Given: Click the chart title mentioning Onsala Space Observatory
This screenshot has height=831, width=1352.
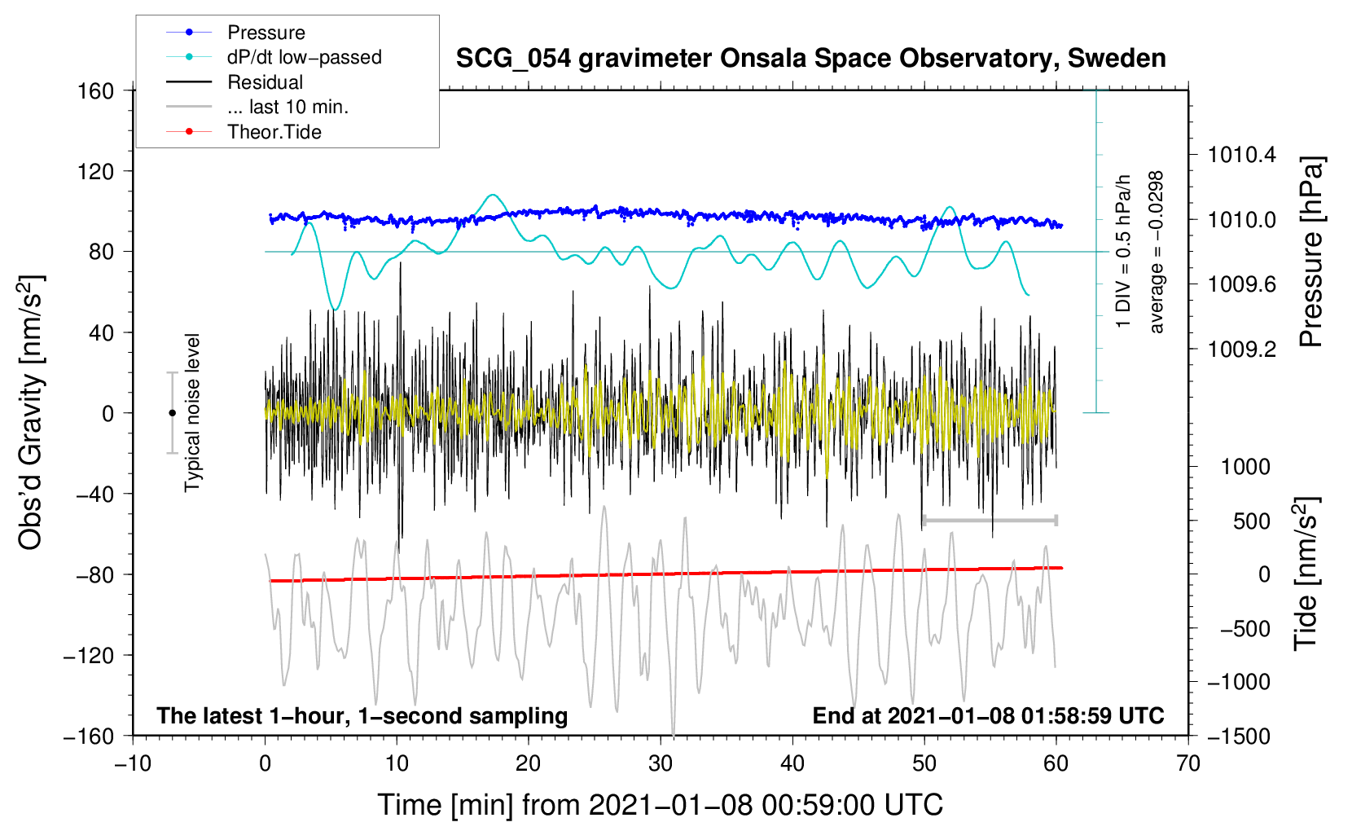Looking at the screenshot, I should (810, 59).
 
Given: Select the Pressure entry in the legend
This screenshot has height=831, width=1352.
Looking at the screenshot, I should (266, 33).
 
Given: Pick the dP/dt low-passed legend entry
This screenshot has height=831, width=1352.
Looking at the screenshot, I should (304, 57).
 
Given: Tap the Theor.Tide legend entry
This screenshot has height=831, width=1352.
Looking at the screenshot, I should (274, 132).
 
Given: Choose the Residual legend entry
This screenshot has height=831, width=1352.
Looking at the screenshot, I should (265, 82).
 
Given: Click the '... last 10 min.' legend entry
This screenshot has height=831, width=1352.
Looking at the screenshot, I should (288, 107).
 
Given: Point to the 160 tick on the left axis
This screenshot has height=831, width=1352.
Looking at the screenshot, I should (96, 90).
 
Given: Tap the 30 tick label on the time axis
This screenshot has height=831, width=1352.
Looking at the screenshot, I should (660, 763).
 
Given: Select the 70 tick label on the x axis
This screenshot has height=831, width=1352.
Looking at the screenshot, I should (1187, 763).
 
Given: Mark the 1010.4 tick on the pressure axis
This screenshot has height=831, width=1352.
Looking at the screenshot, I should (1242, 155).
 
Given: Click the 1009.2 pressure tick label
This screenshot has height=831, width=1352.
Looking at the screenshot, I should (1242, 350).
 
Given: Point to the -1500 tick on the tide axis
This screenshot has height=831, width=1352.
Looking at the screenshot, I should (1238, 736).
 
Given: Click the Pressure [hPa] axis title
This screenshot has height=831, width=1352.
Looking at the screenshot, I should (1311, 253).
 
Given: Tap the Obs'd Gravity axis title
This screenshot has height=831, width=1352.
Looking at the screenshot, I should (31, 412).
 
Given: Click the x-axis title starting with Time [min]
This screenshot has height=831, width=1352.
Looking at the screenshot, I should (660, 805).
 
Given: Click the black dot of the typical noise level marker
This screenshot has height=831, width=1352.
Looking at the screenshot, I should (172, 413).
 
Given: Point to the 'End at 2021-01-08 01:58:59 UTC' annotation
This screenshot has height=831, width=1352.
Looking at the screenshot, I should (988, 715).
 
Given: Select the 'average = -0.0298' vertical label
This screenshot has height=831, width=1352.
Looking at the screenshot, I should (1157, 253).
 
